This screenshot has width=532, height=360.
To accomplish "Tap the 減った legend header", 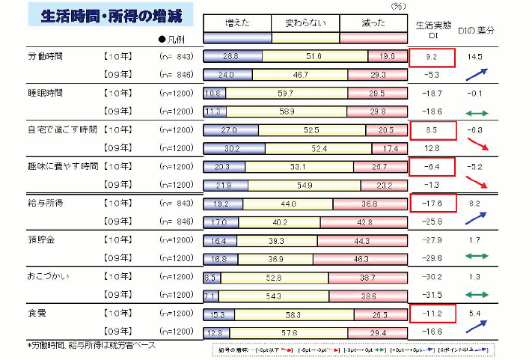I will (371, 23).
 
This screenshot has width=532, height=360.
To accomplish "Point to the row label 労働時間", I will (46, 57).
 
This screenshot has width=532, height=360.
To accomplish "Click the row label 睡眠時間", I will (46, 94).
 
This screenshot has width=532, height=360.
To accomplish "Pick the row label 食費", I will (36, 312).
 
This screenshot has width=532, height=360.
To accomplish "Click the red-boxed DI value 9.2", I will (432, 56).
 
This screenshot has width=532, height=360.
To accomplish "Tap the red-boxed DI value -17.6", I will (432, 203).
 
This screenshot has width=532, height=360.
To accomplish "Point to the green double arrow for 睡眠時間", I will (476, 112).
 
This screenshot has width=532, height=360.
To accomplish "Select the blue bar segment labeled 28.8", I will (230, 57).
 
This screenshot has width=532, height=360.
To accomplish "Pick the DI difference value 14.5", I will (476, 56).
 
